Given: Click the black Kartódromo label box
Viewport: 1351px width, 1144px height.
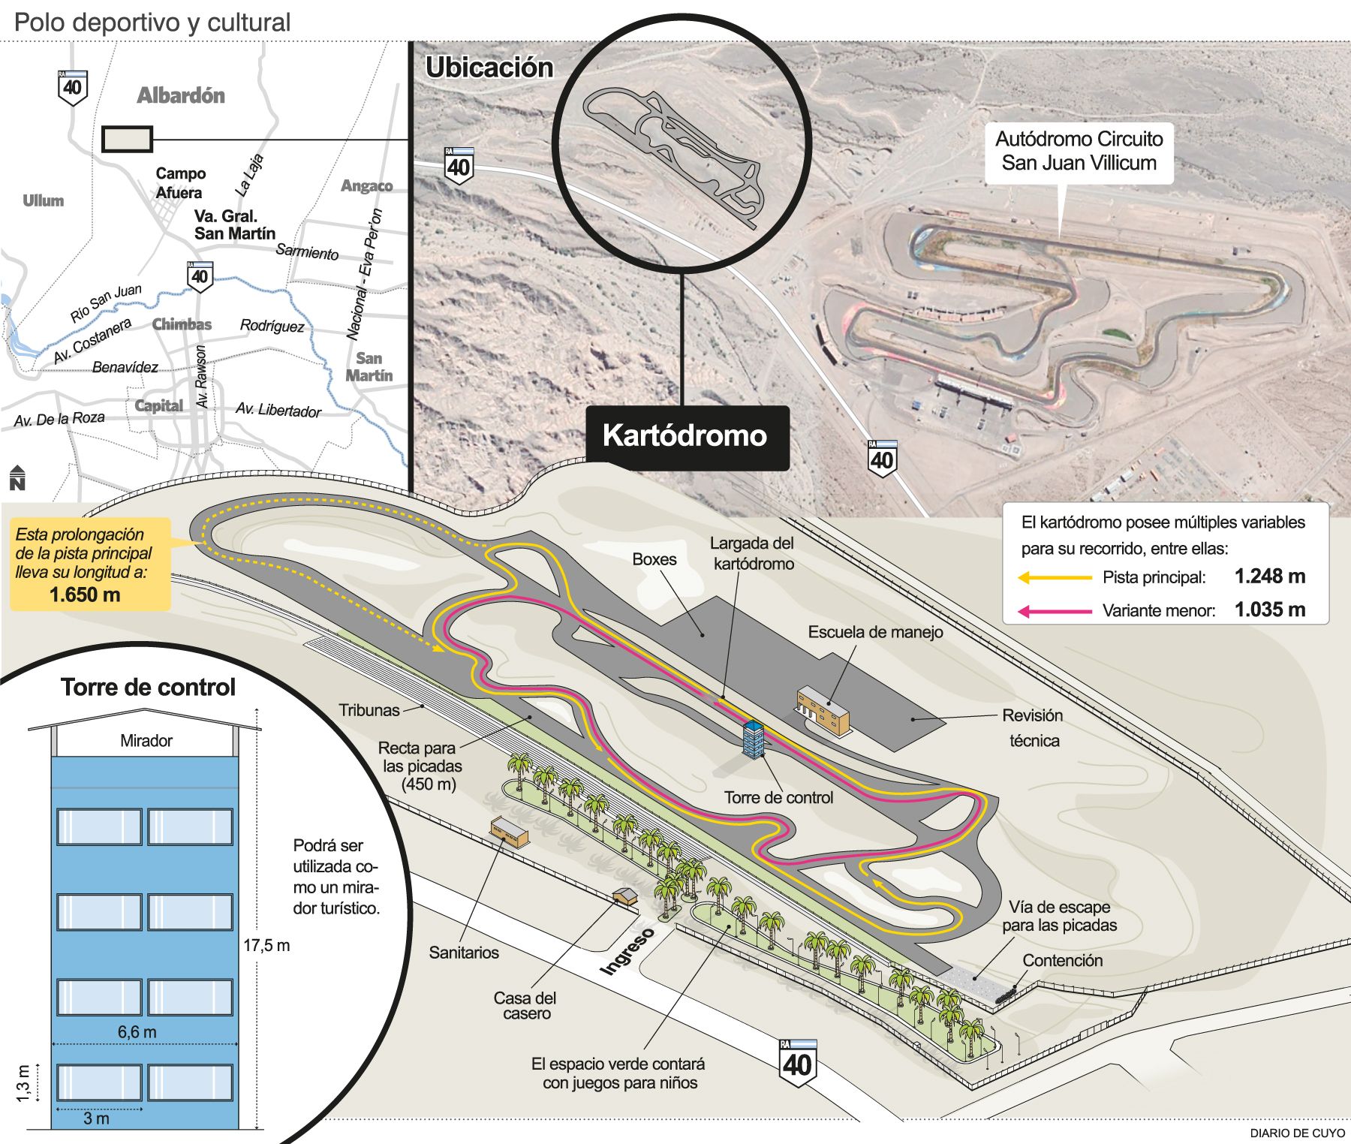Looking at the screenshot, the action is [688, 438].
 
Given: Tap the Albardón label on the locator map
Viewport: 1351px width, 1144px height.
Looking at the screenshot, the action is [181, 95].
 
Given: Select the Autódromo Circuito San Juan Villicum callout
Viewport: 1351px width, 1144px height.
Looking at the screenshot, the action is [1079, 152].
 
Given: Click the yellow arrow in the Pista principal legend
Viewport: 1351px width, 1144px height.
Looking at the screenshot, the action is [1055, 577].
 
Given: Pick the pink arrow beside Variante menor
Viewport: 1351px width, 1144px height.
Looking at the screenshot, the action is [1055, 611].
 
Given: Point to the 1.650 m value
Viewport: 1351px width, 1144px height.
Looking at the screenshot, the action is [85, 595].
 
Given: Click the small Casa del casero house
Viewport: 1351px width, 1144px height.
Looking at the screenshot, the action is [624, 896].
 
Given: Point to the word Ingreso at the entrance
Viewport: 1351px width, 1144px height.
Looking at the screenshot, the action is [627, 951].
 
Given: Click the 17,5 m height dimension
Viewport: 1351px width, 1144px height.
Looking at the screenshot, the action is [266, 946].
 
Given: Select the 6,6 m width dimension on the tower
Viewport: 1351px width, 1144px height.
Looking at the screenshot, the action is [137, 1032].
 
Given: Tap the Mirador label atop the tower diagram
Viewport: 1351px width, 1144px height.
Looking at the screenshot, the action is [146, 741].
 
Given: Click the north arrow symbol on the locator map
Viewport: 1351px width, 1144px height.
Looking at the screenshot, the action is [17, 477].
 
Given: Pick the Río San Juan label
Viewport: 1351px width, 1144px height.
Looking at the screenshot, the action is [106, 303].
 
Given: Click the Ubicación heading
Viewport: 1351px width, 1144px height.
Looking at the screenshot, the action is [489, 68].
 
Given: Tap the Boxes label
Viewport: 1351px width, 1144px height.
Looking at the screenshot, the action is [654, 559].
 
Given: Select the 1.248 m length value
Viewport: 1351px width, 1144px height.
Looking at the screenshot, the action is [1270, 577].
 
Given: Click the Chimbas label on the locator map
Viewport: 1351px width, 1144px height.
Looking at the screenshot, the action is [182, 324].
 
